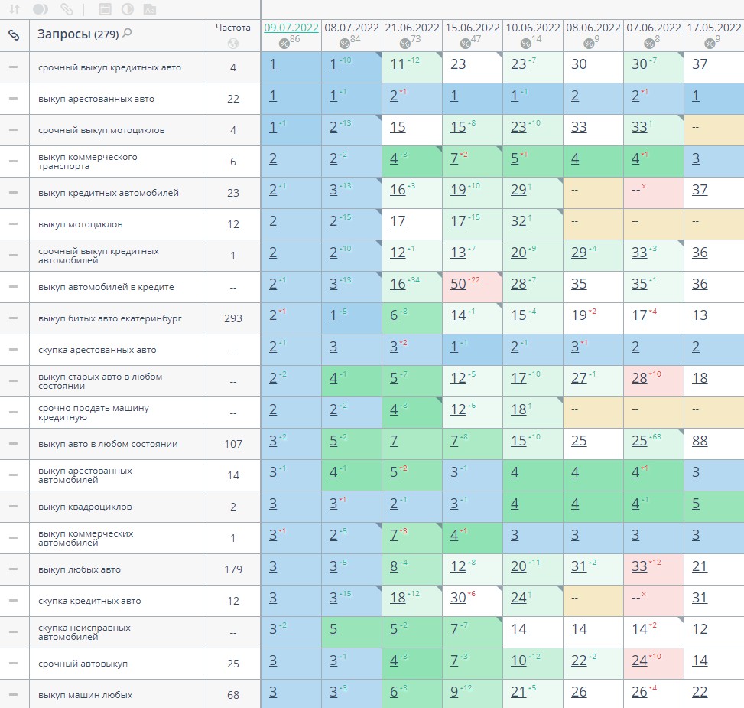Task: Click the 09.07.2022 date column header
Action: click(291, 28)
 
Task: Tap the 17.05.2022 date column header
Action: click(713, 28)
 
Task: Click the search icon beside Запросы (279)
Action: click(127, 34)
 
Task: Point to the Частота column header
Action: click(232, 28)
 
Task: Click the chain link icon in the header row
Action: click(14, 34)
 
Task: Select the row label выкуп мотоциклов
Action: click(80, 224)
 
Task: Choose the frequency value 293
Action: click(232, 318)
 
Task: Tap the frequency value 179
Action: click(232, 569)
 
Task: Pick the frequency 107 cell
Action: click(232, 444)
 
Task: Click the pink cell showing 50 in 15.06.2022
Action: click(459, 286)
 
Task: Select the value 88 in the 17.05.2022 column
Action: click(700, 441)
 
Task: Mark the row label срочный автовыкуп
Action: click(83, 664)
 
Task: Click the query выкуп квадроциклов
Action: click(84, 507)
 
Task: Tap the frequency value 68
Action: click(232, 695)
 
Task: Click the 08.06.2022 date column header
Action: click(593, 28)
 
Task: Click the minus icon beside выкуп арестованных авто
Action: click(13, 99)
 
